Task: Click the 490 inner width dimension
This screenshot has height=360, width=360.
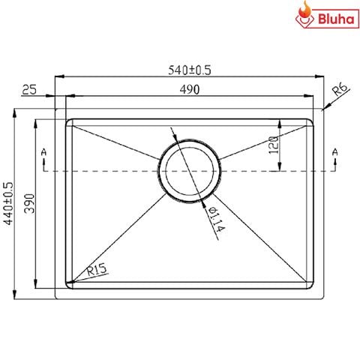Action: [x=190, y=90]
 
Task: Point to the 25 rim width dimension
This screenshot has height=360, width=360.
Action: [x=30, y=90]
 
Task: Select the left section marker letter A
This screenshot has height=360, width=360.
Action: [x=44, y=153]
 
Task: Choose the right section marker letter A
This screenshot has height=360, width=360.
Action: [x=334, y=153]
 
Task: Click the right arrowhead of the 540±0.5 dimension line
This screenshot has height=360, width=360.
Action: [x=319, y=76]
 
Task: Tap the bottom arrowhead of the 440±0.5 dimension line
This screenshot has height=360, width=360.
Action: [x=17, y=298]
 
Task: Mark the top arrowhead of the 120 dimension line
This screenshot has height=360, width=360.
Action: [x=280, y=121]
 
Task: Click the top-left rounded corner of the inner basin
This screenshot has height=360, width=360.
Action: [x=69, y=120]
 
